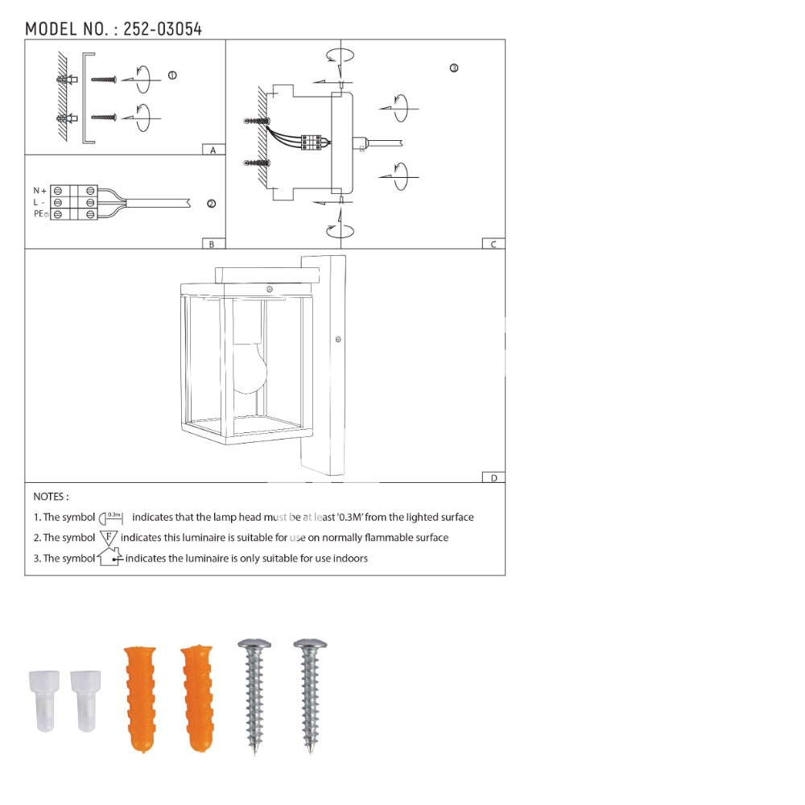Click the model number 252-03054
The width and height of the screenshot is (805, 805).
pyautogui.click(x=163, y=29)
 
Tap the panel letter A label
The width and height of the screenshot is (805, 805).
pyautogui.click(x=213, y=150)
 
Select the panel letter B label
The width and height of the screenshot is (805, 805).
pyautogui.click(x=212, y=245)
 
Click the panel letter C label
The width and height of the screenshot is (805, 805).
pyautogui.click(x=493, y=245)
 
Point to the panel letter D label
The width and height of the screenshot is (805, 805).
pyautogui.click(x=494, y=478)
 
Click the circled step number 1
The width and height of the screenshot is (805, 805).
pyautogui.click(x=172, y=76)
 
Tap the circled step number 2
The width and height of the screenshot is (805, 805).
pyautogui.click(x=211, y=204)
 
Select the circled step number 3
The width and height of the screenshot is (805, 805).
pyautogui.click(x=454, y=68)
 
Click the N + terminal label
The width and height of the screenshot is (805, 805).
pyautogui.click(x=40, y=191)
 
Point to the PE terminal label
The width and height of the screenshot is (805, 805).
pyautogui.click(x=40, y=213)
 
